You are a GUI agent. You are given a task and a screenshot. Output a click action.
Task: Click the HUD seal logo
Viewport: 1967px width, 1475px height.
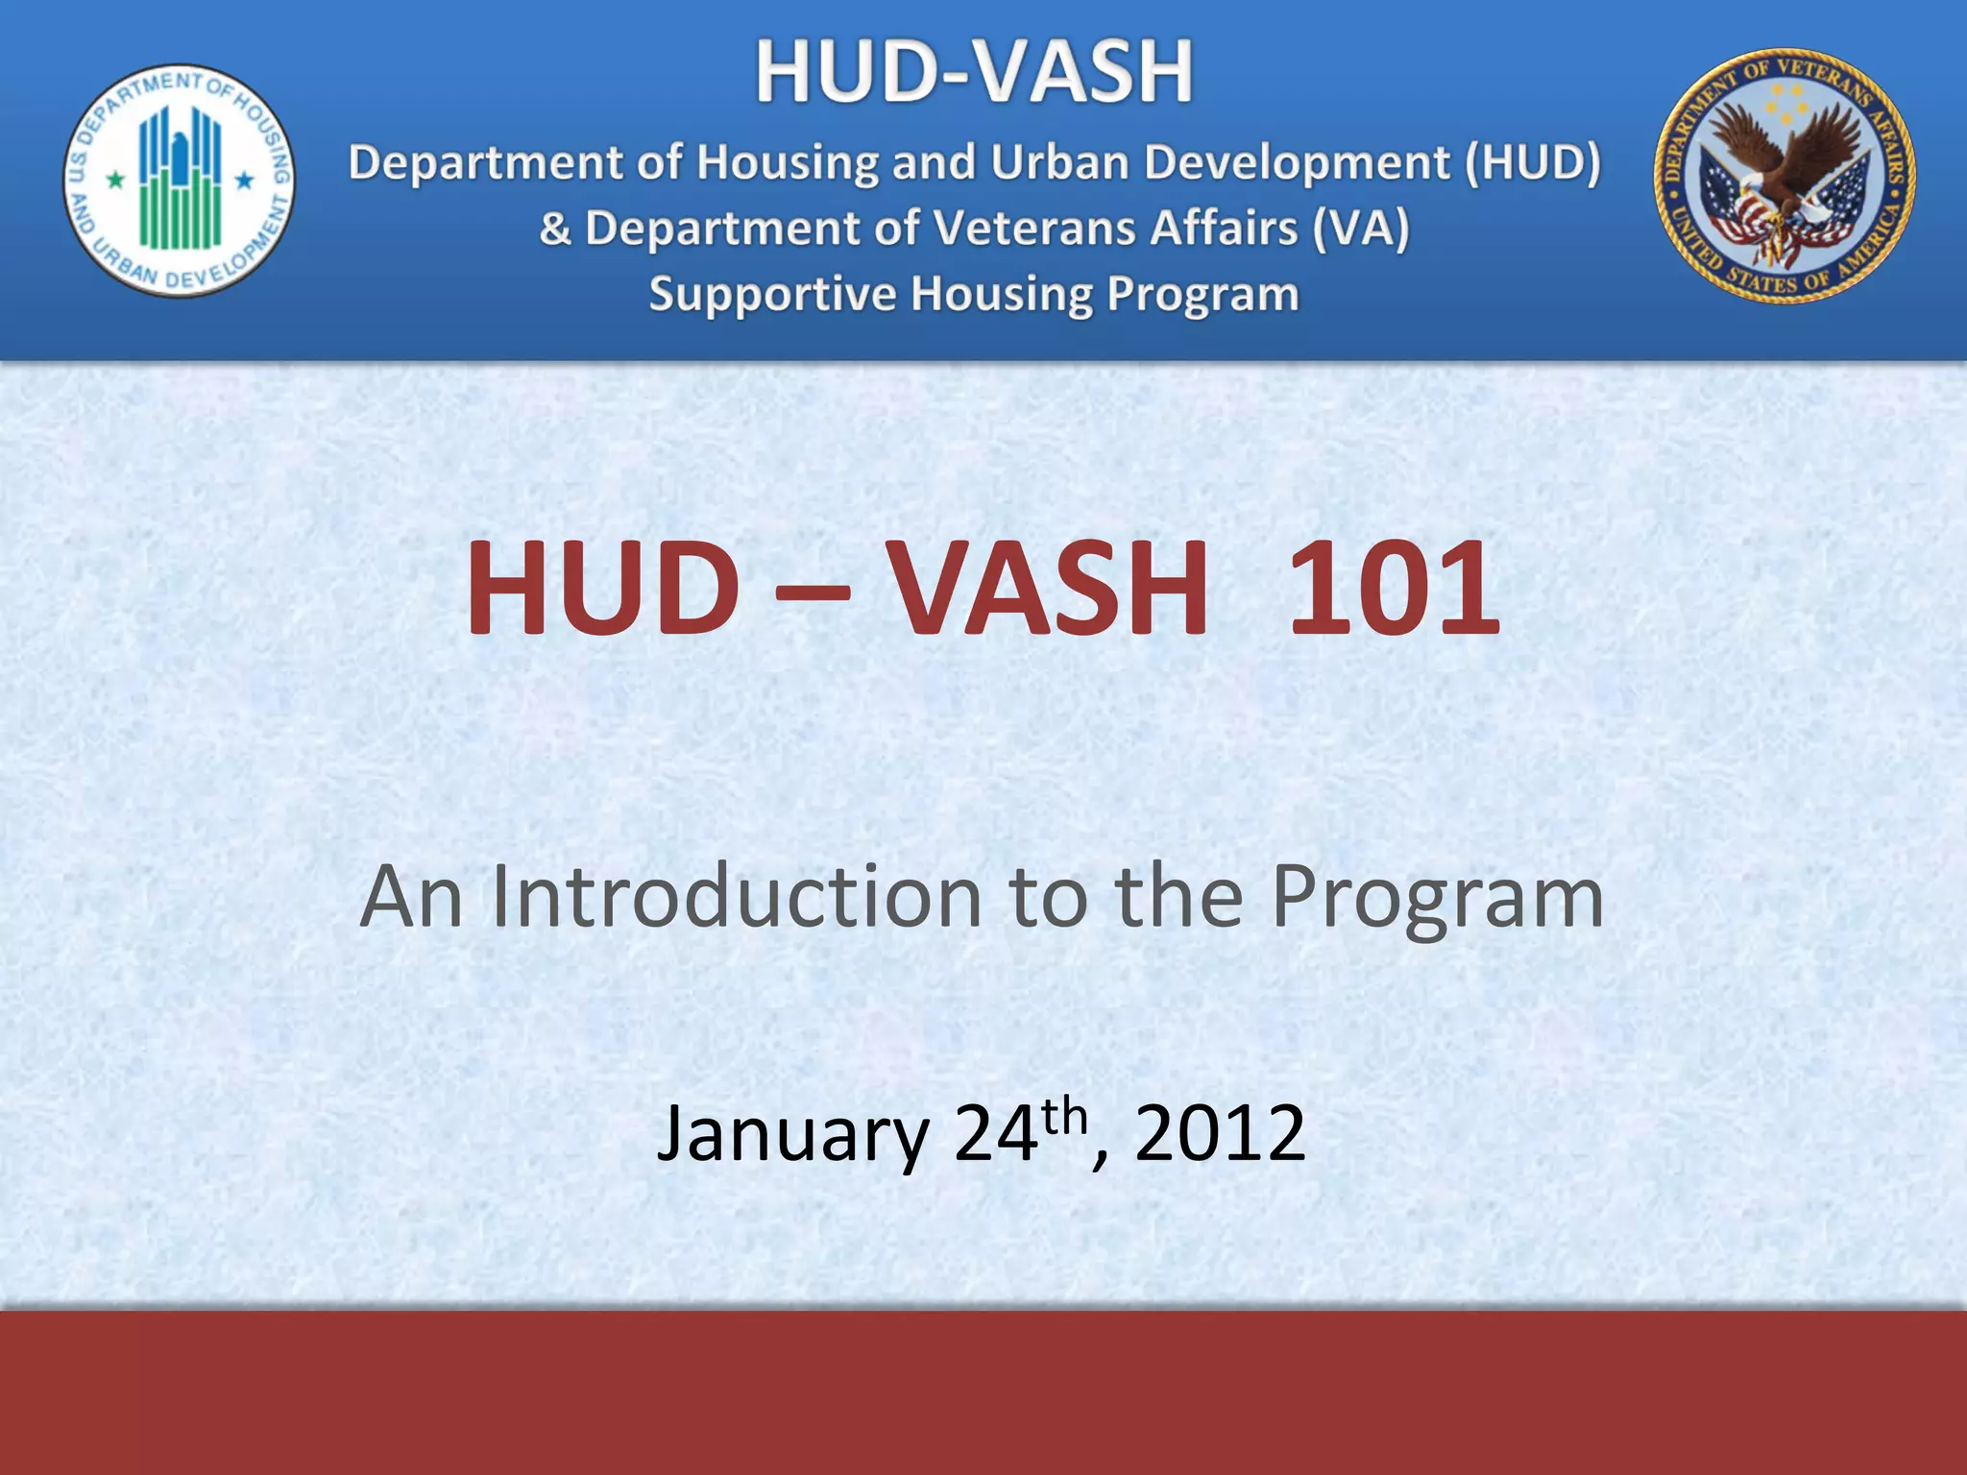coord(180,181)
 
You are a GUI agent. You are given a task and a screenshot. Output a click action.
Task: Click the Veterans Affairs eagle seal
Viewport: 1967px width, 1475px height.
coord(1785,176)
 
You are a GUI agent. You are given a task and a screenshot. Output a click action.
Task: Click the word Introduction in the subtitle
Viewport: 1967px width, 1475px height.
coord(737,896)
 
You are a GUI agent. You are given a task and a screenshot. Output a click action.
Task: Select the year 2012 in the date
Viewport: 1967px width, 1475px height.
coord(1220,1133)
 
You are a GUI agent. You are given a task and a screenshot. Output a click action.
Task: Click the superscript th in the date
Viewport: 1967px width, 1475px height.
coord(1064,1117)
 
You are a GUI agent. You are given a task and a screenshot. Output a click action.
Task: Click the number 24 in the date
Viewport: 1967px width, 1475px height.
coord(996,1133)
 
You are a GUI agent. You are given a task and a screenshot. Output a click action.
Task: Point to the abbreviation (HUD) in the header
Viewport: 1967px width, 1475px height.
coord(1533,162)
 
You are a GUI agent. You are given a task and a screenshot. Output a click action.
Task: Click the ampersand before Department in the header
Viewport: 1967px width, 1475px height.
coord(555,230)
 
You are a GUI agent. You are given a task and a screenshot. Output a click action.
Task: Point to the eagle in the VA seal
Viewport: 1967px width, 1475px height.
coord(1785,163)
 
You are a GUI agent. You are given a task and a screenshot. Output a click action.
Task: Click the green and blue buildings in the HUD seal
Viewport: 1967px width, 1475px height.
coord(180,178)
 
